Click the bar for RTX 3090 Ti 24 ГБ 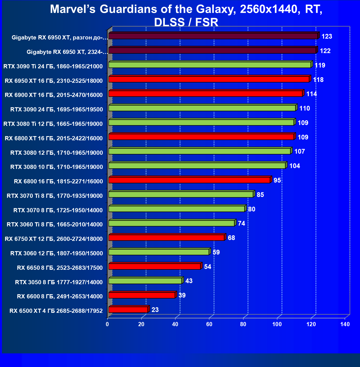point(210,65)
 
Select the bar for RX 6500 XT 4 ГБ point(128,309)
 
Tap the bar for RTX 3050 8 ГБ point(145,281)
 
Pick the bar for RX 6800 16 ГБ point(189,180)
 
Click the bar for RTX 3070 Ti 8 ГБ point(181,194)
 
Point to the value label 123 point(327,36)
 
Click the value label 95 point(277,180)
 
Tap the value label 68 point(231,238)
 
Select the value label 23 point(155,310)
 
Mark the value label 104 point(294,166)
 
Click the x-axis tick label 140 point(345,324)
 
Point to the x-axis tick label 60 point(209,324)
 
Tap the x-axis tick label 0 point(107,324)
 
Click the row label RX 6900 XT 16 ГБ point(54,95)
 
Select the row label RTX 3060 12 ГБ point(56,253)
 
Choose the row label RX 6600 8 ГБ point(60,296)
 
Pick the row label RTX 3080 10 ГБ point(56,167)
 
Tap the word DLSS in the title point(169,22)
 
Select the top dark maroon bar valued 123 point(213,36)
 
